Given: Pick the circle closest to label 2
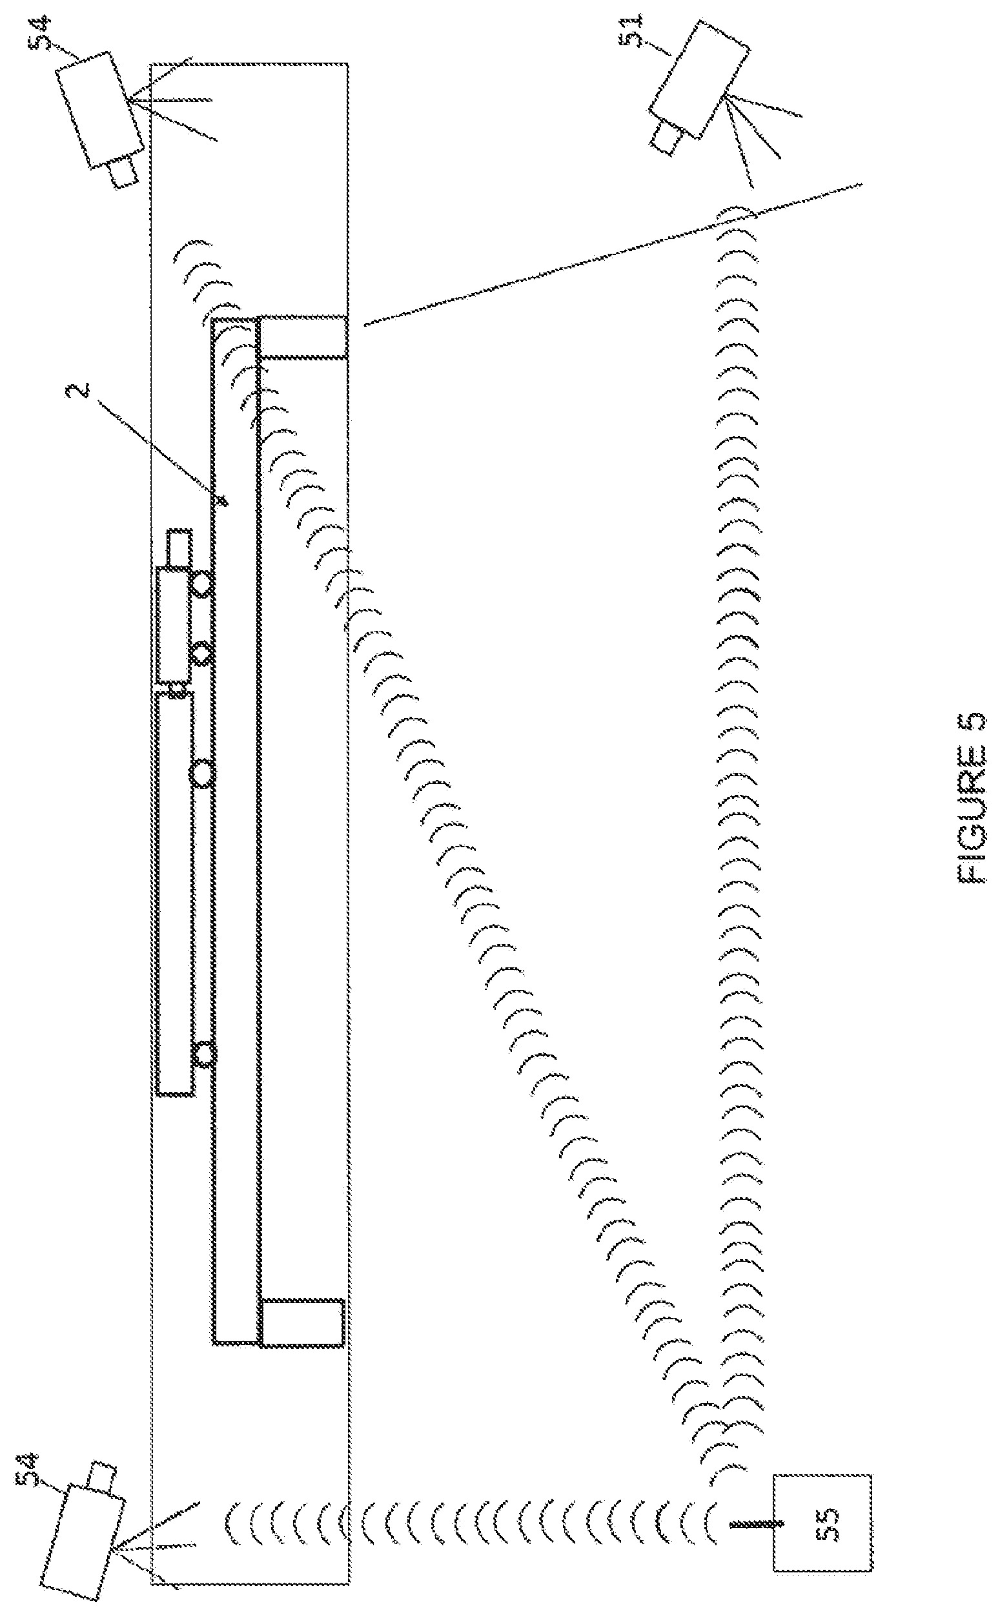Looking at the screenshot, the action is pos(202,584).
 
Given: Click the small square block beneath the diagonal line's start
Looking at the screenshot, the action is pos(303,338).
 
